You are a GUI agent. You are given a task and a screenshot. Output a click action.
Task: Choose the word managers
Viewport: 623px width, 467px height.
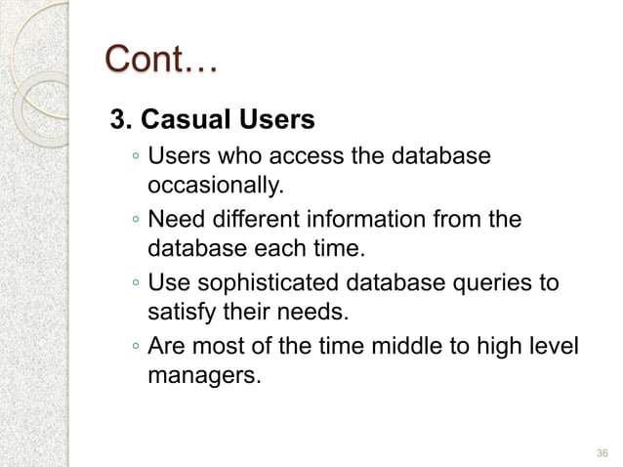click(204, 376)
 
